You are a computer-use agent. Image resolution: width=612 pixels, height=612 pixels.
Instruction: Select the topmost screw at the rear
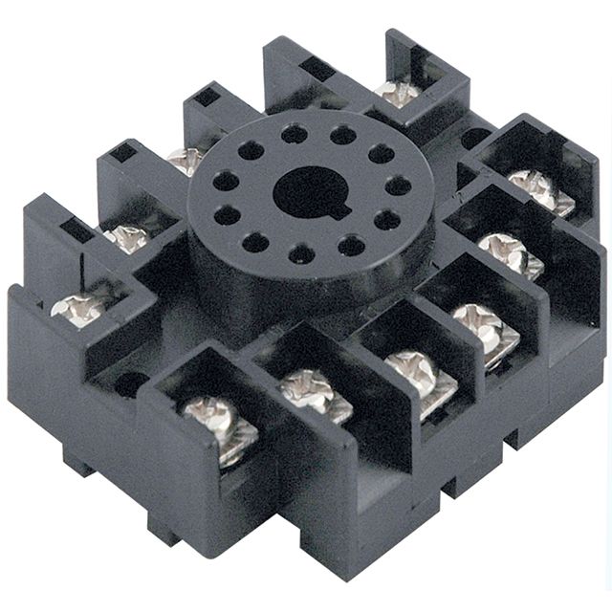397,93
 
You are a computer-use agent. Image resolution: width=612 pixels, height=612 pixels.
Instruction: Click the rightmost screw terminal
540,190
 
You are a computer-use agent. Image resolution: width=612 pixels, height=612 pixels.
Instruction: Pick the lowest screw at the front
219,429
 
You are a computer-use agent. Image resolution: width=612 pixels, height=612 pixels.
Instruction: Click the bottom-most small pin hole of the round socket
302,254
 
